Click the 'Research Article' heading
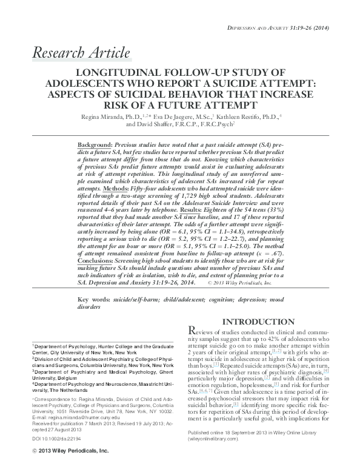(81, 53)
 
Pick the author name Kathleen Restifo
(243, 116)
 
